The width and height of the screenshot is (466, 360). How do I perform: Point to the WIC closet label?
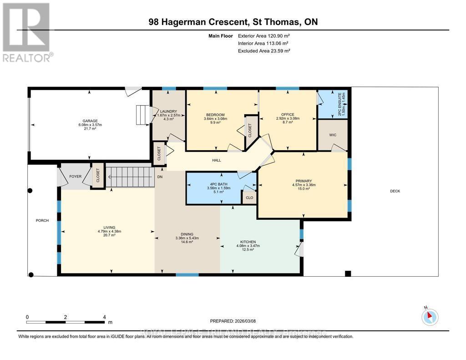click(333, 135)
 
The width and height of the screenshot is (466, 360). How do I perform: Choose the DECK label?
click(395, 191)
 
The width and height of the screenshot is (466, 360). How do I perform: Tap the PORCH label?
click(42, 221)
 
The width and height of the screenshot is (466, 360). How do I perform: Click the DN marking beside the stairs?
click(160, 177)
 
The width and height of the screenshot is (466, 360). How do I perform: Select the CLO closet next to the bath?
click(249, 198)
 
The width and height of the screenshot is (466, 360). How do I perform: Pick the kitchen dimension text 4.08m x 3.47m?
click(248, 246)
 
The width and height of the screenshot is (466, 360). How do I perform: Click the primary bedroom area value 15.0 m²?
click(304, 189)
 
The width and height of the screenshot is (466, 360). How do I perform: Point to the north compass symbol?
click(430, 316)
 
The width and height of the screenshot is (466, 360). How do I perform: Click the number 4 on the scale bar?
click(105, 317)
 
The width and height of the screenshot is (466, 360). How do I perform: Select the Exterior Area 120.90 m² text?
click(264, 36)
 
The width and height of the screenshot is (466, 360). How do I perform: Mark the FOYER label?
click(75, 177)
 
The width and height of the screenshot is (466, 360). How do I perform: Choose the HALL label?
click(216, 161)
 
